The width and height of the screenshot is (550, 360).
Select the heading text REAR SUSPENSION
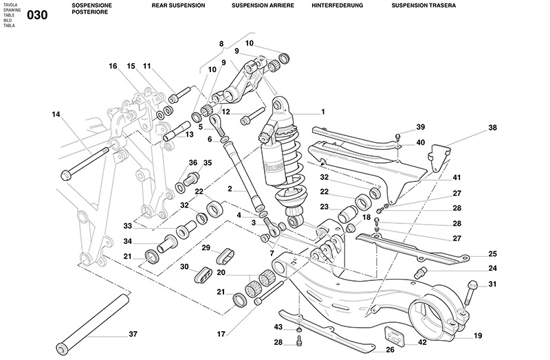tap(178, 5)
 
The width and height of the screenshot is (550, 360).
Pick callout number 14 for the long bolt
tap(56, 114)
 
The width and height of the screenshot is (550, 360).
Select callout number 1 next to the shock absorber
tap(322, 111)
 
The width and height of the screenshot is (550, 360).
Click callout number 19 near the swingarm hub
tap(478, 337)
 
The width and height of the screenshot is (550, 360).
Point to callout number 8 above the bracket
tap(221, 44)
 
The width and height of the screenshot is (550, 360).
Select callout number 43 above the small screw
tap(278, 327)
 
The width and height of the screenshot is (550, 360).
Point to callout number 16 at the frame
tap(113, 67)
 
